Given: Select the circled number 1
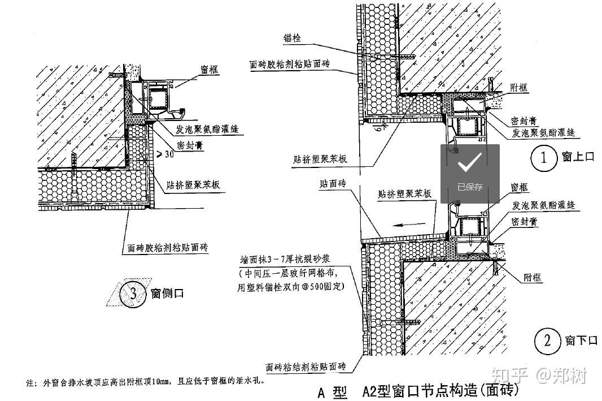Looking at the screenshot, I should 544,158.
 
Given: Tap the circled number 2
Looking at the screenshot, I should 546,340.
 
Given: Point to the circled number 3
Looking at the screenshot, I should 133,294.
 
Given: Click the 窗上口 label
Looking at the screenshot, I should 578,157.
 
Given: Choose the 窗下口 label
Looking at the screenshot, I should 581,340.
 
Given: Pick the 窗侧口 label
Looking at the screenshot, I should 167,294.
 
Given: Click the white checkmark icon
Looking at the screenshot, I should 470,163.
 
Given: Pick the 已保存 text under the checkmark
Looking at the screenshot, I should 470,187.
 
